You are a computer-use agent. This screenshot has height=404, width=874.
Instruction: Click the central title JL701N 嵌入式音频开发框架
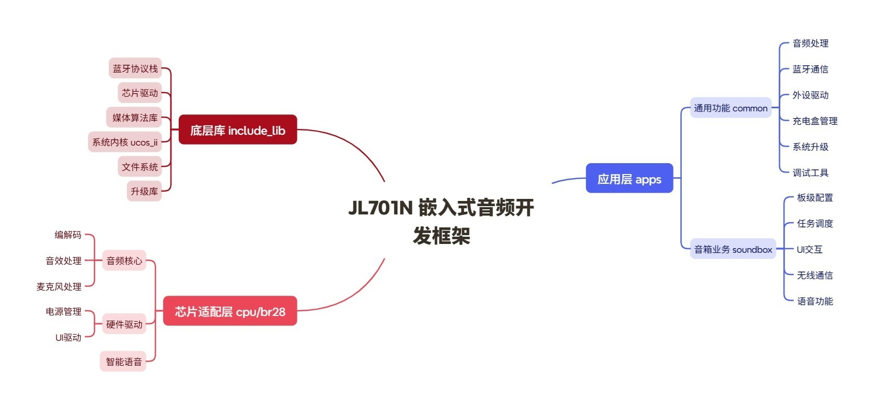(441, 221)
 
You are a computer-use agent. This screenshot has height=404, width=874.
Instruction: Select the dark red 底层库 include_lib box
(238, 129)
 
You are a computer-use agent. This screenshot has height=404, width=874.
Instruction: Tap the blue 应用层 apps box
(629, 179)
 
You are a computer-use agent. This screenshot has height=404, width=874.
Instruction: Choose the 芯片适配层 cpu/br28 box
(230, 311)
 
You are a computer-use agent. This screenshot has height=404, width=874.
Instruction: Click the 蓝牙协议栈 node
(135, 68)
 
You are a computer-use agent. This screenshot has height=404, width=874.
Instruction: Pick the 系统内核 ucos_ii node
(125, 142)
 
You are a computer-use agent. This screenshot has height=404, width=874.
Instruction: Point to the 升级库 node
(144, 191)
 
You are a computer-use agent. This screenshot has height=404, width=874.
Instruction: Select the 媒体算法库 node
(135, 118)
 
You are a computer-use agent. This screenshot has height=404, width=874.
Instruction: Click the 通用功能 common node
(730, 108)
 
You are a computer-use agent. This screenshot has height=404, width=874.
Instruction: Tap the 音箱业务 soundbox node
(733, 249)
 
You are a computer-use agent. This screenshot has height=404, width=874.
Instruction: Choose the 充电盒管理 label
(815, 121)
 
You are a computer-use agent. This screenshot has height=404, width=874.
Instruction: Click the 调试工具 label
(810, 172)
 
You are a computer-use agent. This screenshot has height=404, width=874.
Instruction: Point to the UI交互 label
(809, 249)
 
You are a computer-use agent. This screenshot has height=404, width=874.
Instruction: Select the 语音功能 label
(814, 301)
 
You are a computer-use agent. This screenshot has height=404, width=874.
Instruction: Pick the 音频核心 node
(124, 261)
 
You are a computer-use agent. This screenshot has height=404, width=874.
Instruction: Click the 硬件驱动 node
(124, 324)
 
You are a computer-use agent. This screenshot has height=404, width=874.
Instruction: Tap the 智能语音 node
(123, 362)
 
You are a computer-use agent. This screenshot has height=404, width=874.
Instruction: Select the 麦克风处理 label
(59, 286)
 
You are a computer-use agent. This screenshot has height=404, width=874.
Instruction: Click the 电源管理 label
(63, 311)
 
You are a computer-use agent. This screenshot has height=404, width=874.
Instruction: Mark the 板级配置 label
(814, 197)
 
